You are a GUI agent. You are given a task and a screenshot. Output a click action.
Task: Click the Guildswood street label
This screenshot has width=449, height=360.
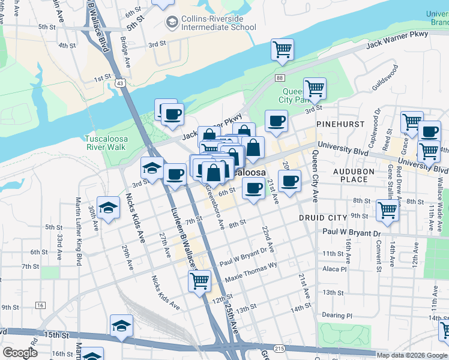point(385,79)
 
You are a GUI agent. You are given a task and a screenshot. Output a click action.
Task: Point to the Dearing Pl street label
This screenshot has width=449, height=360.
point(337,316)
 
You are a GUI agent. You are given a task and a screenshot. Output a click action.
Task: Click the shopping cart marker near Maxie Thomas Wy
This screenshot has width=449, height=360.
point(199,280)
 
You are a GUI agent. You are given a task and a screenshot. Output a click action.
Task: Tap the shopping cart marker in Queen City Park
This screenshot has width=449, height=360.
point(314,89)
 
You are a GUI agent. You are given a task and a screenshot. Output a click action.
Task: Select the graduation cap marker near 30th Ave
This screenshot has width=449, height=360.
point(108,208)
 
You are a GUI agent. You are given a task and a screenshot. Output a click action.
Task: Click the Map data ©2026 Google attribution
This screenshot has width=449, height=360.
point(411,355)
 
